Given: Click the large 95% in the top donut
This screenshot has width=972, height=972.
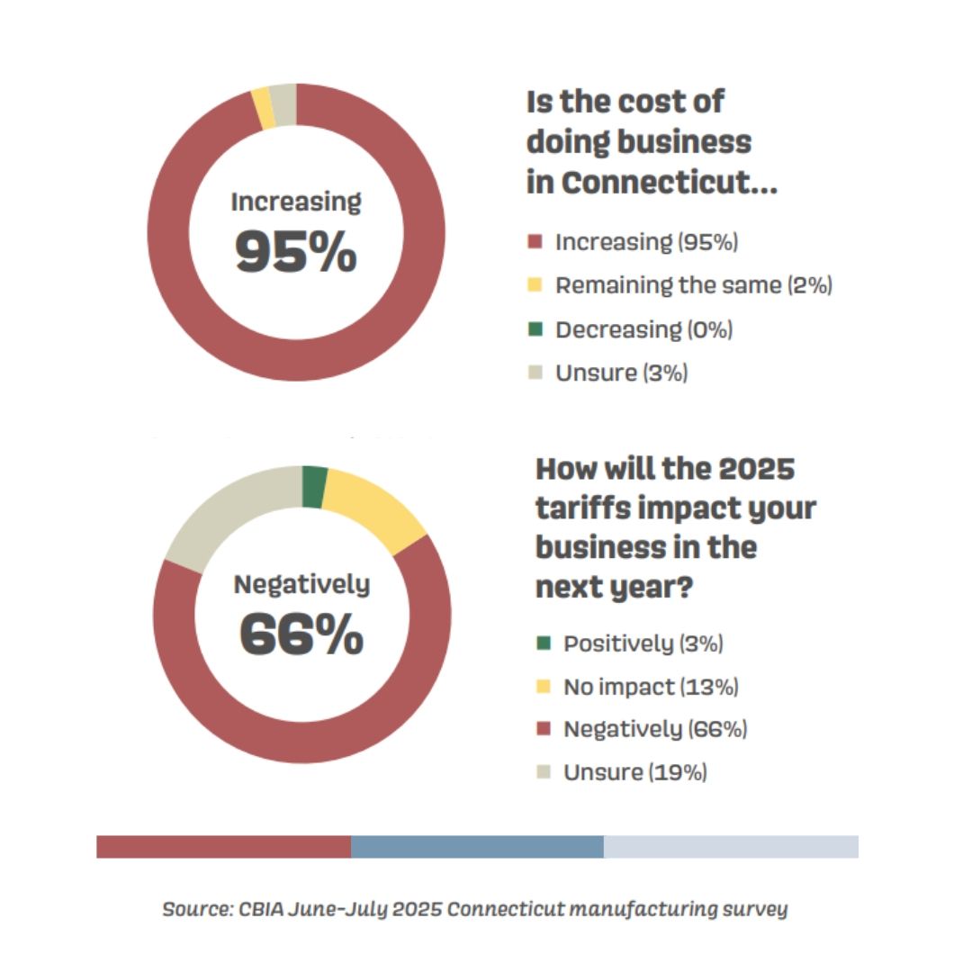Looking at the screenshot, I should tap(296, 253).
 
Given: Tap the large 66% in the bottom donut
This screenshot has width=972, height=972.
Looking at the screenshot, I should tap(301, 635).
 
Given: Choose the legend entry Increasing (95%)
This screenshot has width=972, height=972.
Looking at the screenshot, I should tap(646, 242).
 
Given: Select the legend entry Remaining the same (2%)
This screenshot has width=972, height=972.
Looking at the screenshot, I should tap(693, 285).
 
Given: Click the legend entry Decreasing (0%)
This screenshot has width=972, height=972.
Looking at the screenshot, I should tap(643, 329).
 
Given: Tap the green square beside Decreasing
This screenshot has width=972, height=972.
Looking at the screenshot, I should tap(535, 329).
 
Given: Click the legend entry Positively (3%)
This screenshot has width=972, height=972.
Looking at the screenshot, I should tap(643, 643).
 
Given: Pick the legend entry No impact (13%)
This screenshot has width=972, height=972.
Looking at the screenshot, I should tap(651, 687).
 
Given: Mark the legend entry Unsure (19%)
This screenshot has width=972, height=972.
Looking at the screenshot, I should tap(634, 772).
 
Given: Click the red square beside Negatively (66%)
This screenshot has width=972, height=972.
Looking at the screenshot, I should tap(543, 729).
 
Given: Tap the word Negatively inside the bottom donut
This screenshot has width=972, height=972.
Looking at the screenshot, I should tap(301, 584).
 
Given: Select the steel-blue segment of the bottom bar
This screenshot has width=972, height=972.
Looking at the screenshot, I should tap(477, 847).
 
